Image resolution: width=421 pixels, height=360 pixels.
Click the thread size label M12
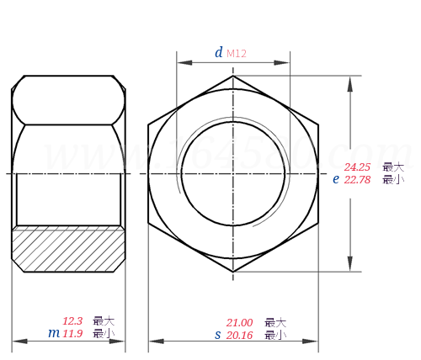click(x=237, y=54)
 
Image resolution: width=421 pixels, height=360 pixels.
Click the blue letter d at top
click(x=218, y=53)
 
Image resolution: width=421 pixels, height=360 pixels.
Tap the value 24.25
click(x=357, y=167)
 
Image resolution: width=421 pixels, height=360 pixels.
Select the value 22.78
click(x=357, y=179)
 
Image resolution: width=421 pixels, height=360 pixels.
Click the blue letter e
click(x=335, y=178)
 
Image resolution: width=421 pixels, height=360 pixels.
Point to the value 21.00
click(x=239, y=323)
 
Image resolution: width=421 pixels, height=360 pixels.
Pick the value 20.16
click(x=239, y=335)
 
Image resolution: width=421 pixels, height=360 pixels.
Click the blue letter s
click(x=217, y=335)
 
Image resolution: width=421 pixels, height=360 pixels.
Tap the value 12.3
click(x=72, y=321)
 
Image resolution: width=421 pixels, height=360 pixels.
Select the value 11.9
click(x=72, y=333)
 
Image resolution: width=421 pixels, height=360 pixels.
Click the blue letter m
click(x=53, y=333)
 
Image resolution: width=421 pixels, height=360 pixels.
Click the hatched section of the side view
click(x=68, y=249)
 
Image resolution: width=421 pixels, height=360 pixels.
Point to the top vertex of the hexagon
click(x=233, y=75)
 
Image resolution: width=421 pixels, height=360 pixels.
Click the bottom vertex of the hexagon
click(x=233, y=273)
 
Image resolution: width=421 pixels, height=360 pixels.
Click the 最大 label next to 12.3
click(x=104, y=321)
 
